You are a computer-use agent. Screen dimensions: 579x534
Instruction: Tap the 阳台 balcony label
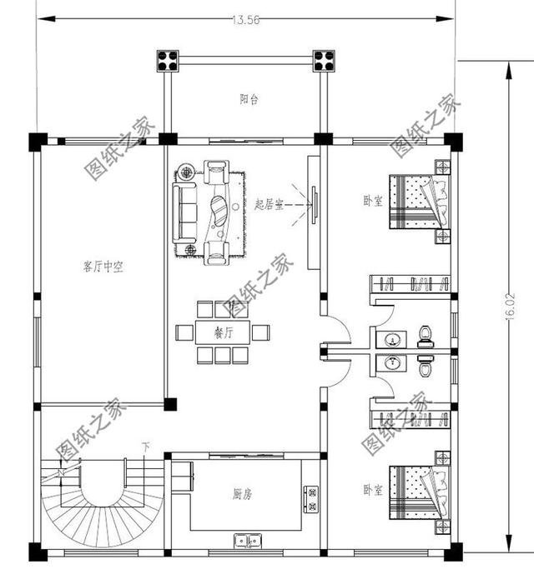click(249, 99)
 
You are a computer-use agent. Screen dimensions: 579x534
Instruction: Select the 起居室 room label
click(269, 204)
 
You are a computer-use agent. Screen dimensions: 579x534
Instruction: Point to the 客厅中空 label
click(103, 267)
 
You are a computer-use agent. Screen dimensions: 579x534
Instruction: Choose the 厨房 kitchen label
click(242, 494)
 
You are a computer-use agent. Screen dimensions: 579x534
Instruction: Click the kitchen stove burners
click(314, 498)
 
